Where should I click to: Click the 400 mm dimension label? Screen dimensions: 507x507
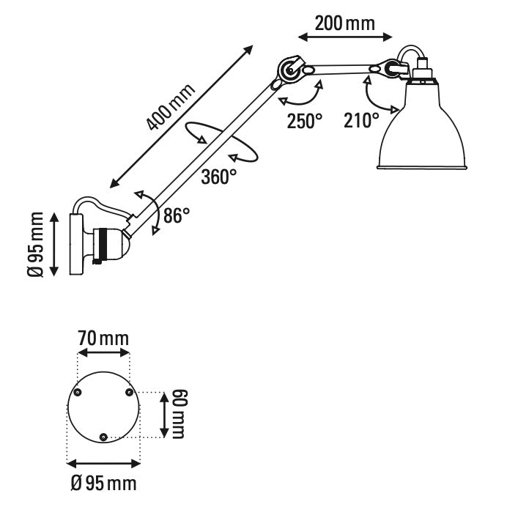[171, 108]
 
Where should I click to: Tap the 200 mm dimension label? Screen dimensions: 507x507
[344, 23]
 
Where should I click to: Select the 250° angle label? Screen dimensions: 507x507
[304, 120]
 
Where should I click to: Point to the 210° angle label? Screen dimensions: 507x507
[361, 120]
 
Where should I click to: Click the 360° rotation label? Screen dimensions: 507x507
[219, 176]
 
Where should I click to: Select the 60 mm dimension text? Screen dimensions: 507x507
[180, 414]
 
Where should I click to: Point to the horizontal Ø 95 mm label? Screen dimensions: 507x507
[103, 483]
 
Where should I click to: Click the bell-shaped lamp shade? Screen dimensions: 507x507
[422, 128]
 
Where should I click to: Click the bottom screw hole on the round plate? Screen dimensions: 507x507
[103, 437]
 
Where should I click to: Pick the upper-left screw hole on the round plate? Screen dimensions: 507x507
[79, 393]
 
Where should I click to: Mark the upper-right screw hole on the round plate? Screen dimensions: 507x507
[129, 393]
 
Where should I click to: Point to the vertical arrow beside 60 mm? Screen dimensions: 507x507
[162, 414]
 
